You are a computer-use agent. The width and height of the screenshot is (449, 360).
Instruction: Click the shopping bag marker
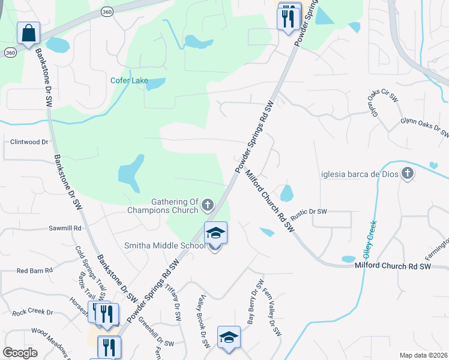(x=28, y=34)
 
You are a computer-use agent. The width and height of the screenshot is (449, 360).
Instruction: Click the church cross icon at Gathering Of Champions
(x=208, y=206)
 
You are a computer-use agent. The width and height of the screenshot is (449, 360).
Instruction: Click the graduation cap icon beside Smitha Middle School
(x=216, y=233)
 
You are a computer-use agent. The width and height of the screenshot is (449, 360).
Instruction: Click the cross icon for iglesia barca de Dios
(x=408, y=174)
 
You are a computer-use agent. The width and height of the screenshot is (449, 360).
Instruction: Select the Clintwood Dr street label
(x=29, y=142)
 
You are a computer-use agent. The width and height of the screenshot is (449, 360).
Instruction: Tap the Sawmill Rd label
(x=64, y=229)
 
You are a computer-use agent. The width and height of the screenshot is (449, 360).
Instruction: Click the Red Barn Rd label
(x=35, y=271)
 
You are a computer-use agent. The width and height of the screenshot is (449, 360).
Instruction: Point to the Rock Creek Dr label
(x=33, y=313)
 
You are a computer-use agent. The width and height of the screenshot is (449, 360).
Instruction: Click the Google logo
(x=20, y=353)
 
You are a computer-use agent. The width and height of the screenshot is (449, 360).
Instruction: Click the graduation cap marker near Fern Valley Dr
(x=229, y=338)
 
